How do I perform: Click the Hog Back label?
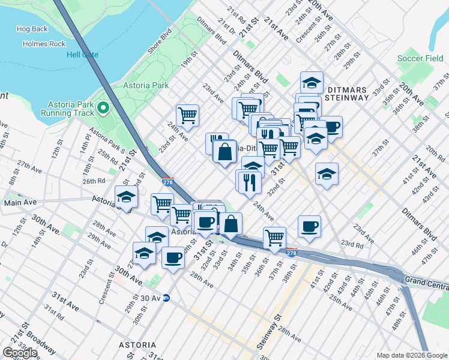[32, 29]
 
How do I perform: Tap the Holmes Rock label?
[44, 44]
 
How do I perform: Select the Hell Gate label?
[82, 55]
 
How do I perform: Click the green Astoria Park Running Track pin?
[103, 109]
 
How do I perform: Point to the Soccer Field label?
[420, 59]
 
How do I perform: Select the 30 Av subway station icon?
[166, 298]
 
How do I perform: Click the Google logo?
[20, 353]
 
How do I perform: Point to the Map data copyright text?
[411, 355]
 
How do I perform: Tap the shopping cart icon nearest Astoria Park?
[188, 115]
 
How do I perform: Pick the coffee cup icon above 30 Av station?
[173, 257]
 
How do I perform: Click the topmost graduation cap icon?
[312, 82]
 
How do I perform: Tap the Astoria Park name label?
[146, 86]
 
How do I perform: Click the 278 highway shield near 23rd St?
[169, 182]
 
